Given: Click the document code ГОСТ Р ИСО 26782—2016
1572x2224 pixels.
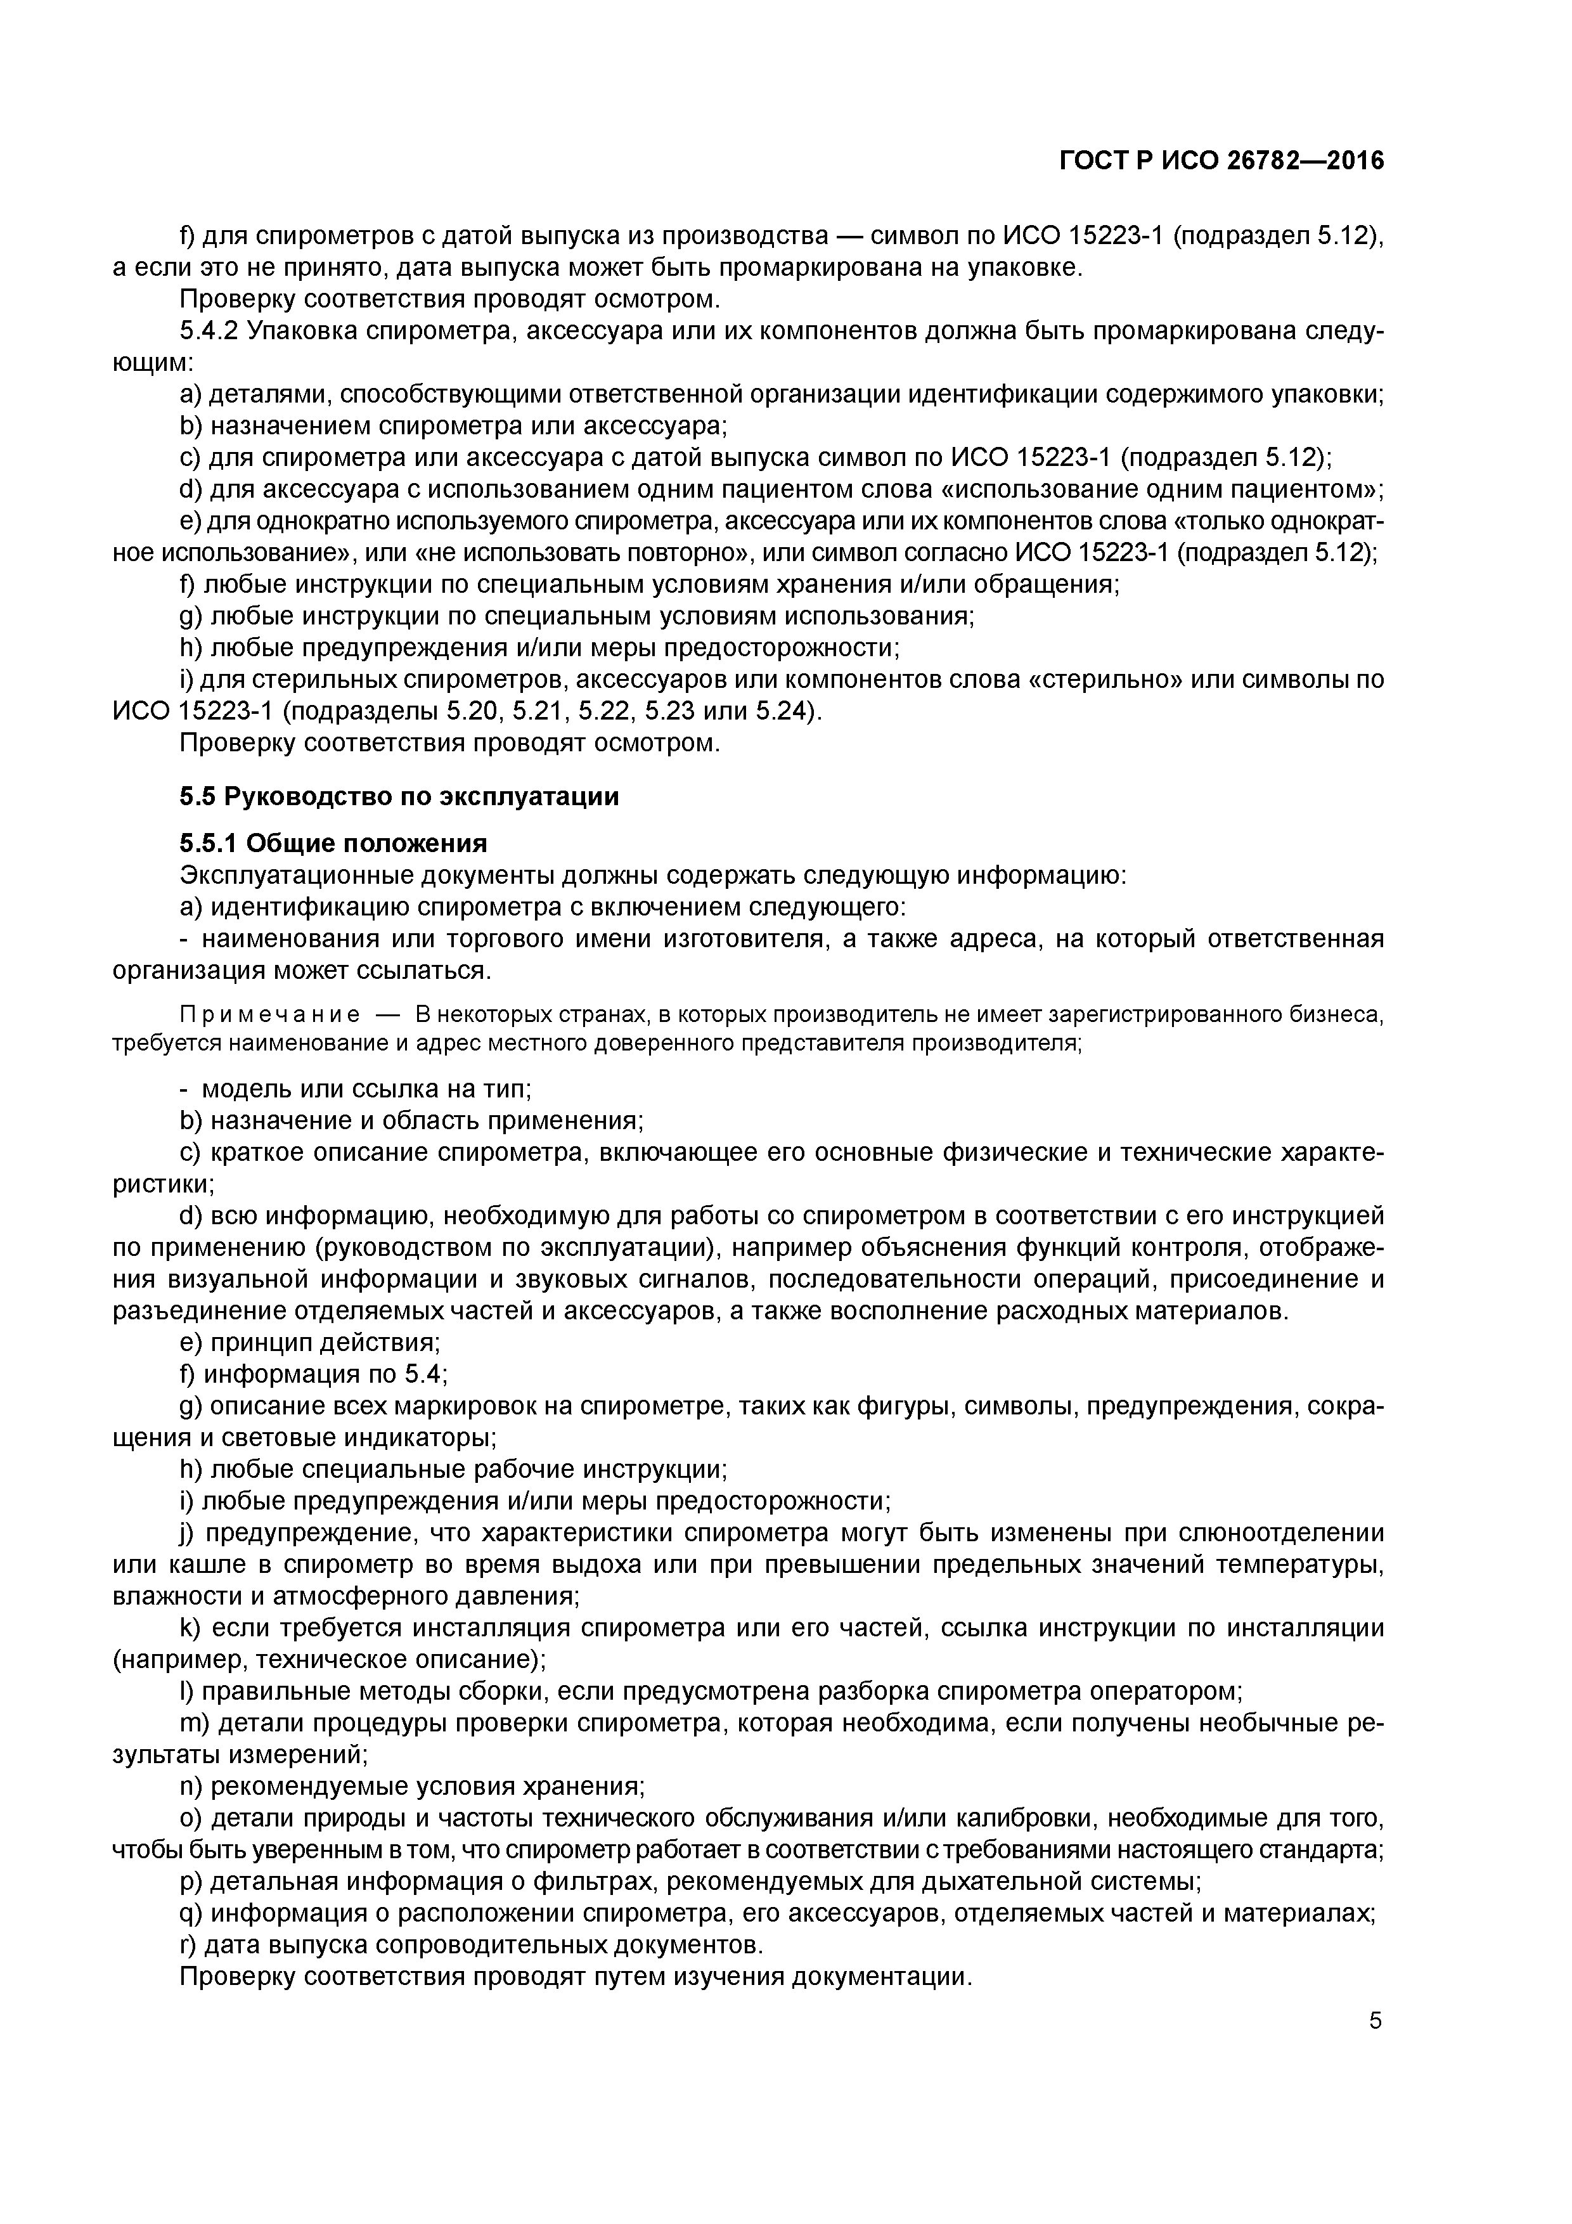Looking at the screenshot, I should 1221,161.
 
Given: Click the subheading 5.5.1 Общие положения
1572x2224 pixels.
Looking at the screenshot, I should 333,842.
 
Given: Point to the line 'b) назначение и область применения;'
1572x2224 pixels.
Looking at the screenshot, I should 411,1121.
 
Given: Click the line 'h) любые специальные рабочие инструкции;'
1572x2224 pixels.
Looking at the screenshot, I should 453,1470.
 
